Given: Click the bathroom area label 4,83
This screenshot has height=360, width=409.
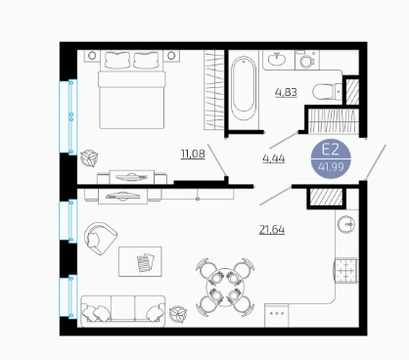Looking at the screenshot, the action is [x=286, y=92].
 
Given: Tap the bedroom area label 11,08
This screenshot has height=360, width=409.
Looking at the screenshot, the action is [x=193, y=154].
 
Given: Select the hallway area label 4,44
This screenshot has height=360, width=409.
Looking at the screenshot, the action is [x=274, y=158].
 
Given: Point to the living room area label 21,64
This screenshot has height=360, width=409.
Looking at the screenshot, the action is [x=272, y=230].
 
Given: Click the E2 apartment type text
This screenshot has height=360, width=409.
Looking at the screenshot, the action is [x=331, y=150].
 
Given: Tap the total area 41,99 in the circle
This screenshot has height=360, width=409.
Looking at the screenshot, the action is [x=331, y=167].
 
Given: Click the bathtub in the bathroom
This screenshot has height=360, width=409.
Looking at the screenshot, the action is [x=244, y=88].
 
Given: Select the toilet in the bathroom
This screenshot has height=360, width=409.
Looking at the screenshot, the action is [x=327, y=92].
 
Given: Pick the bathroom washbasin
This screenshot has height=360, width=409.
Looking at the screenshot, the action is [x=277, y=60].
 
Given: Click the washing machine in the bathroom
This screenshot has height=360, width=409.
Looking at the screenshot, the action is [x=307, y=60].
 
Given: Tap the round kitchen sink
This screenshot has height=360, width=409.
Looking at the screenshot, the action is [x=346, y=224].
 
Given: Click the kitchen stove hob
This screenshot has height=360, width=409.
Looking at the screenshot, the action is [x=345, y=270].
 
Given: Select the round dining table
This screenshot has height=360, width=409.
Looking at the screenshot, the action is [x=225, y=287].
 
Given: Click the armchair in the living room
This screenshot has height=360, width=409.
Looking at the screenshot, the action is [x=100, y=238].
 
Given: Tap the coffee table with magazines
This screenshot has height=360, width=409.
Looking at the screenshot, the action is [x=140, y=261].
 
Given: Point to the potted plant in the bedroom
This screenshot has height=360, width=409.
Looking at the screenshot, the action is [x=89, y=158].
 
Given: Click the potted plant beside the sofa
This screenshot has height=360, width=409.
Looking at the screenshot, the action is [x=178, y=314].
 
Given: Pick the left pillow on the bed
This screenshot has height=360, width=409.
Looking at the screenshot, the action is [x=117, y=60].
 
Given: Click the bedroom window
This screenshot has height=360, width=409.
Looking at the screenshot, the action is [x=68, y=116].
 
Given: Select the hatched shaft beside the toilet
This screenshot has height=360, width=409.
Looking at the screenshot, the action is [x=352, y=92].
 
